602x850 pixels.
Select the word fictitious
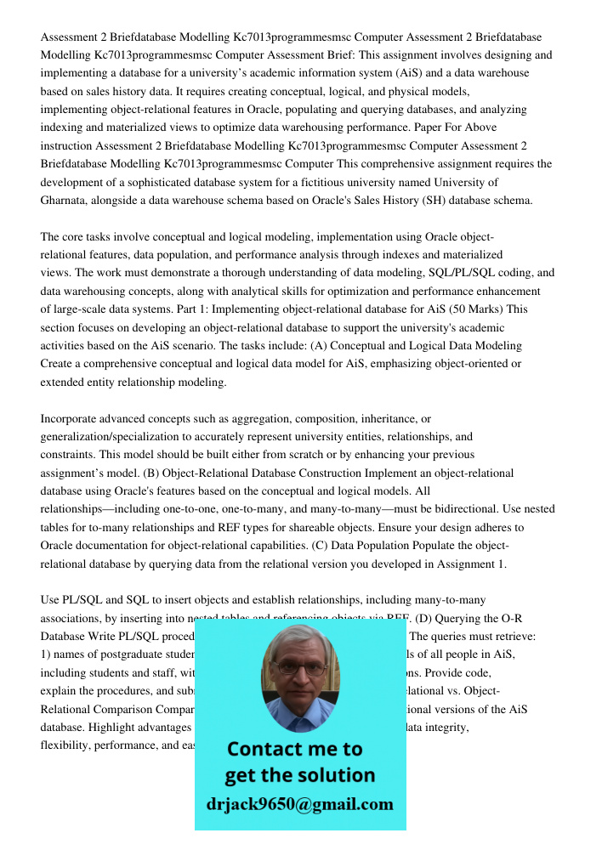click(344, 182)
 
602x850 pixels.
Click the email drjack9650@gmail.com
click(300, 804)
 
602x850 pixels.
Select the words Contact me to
click(294, 749)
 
